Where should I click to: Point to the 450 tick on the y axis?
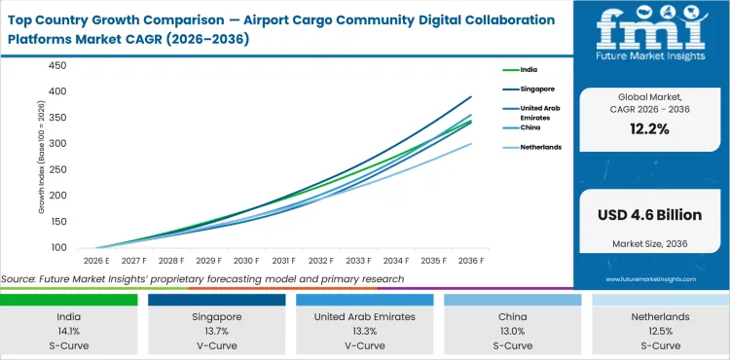(56, 66)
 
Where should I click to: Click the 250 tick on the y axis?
(56, 169)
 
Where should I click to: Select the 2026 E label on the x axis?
(95, 261)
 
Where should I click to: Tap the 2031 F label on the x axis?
(284, 261)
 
